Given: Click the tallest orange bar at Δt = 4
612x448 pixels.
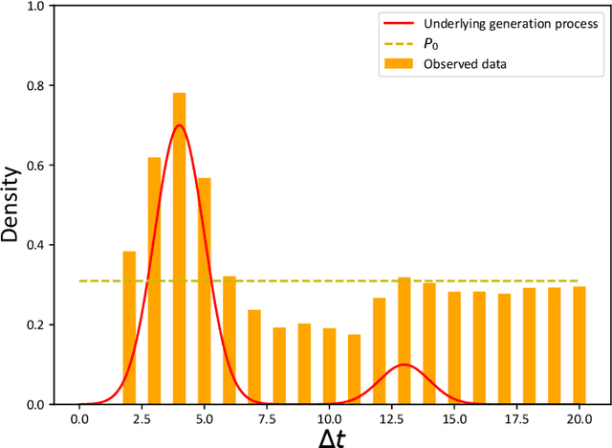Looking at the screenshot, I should tap(179, 249).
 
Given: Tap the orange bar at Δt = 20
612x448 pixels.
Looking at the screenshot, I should tap(579, 346).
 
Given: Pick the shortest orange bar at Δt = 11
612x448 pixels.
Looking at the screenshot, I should tap(354, 370).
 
